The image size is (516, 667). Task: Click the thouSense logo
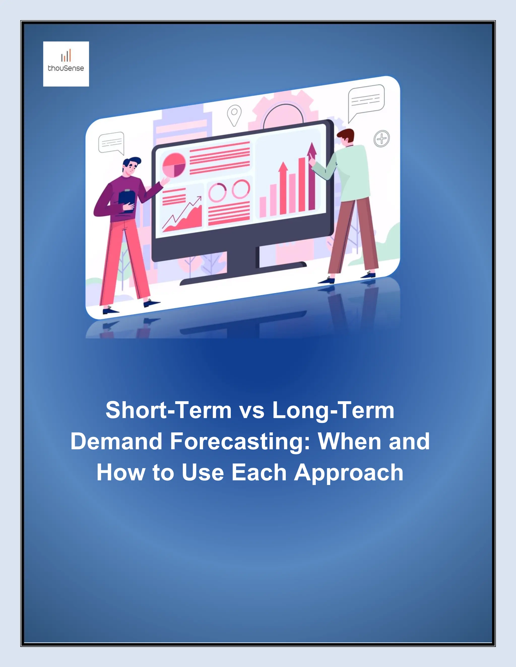pyautogui.click(x=66, y=64)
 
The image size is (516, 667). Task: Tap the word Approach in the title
pyautogui.click(x=348, y=473)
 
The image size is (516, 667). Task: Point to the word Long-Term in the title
pyautogui.click(x=333, y=410)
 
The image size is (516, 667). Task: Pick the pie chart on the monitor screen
pyautogui.click(x=174, y=165)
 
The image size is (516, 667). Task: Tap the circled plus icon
pyautogui.click(x=381, y=139)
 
